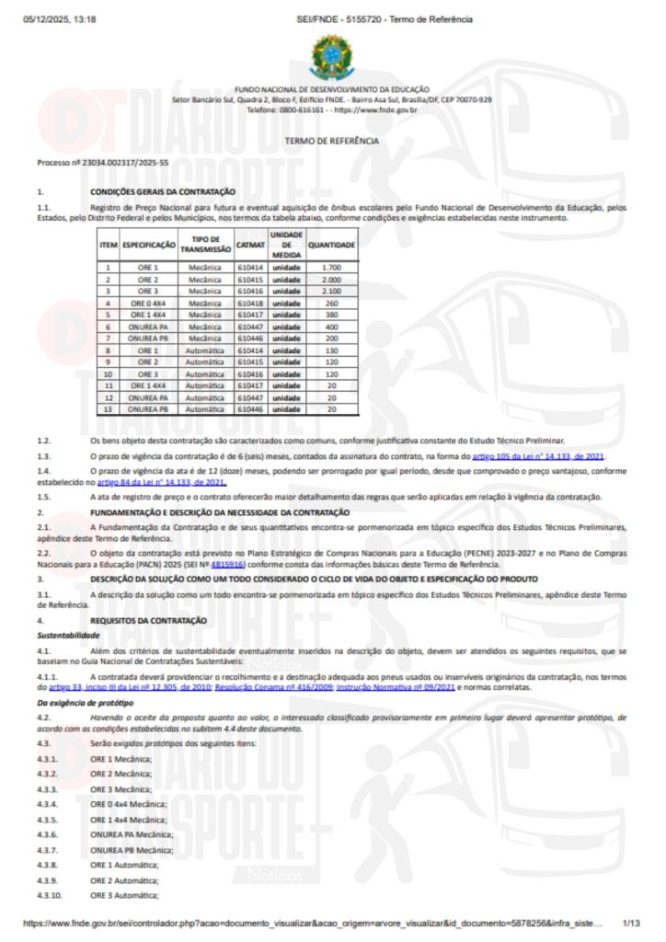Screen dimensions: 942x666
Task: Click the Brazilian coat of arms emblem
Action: pos(331,57)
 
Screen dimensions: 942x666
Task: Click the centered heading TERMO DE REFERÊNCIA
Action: pos(332,142)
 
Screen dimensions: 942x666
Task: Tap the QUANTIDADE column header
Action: pos(331,246)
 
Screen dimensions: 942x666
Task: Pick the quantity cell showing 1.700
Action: pos(331,267)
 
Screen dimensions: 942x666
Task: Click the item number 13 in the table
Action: pos(108,409)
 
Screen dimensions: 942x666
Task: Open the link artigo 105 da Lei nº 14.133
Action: pos(538,456)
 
